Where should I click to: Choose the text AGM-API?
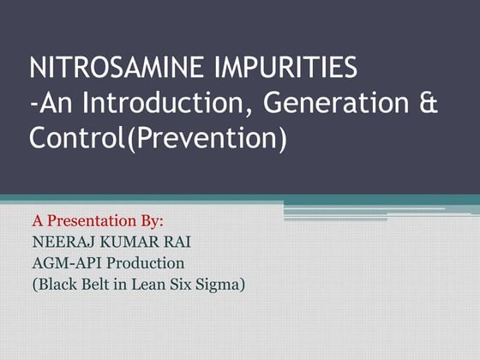click(x=64, y=262)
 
